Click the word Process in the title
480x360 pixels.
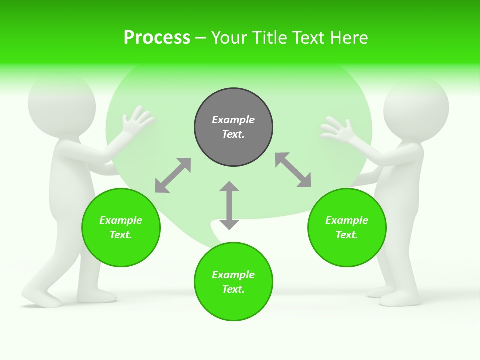(x=157, y=38)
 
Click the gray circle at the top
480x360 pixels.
(x=233, y=127)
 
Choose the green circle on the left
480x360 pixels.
(x=121, y=227)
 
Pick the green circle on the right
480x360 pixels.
(x=347, y=227)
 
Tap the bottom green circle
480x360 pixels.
(x=233, y=281)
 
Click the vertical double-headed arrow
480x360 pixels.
(x=229, y=205)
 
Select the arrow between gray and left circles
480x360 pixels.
(x=173, y=175)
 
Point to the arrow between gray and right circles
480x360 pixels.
(x=293, y=170)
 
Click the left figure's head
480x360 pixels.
(x=61, y=106)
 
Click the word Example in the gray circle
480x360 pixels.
(x=233, y=120)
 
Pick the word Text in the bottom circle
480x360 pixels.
(x=232, y=289)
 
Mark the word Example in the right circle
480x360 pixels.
(x=347, y=220)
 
